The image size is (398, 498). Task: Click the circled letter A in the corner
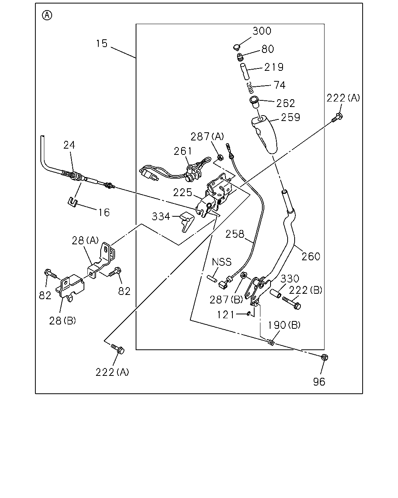(47, 15)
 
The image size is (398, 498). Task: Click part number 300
(262, 31)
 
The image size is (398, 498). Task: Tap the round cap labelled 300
(236, 47)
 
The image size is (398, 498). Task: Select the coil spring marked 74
(250, 88)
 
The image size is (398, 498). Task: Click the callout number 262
(286, 103)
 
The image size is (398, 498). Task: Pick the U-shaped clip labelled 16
(72, 202)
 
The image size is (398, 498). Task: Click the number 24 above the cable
(69, 145)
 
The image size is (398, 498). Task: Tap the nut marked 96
(325, 357)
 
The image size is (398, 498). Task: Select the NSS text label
(222, 262)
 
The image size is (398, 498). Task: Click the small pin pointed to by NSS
(212, 278)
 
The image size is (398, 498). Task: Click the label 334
(161, 217)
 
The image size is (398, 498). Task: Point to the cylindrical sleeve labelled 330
(276, 293)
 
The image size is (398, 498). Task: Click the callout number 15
(102, 44)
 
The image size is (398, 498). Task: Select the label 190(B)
(284, 325)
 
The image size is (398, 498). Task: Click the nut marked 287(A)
(220, 158)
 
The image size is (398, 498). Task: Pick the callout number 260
(311, 256)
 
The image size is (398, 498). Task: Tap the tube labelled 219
(244, 72)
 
